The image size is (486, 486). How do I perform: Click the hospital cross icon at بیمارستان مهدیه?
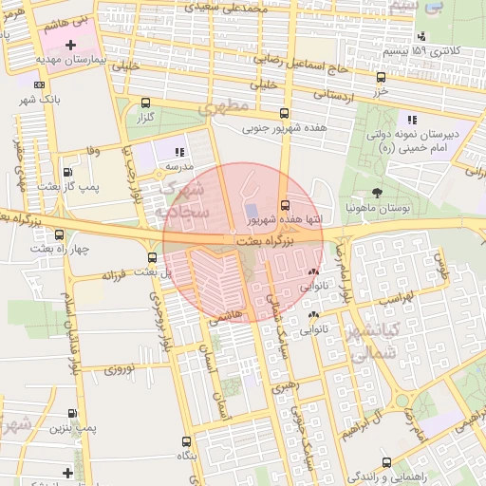[70, 45]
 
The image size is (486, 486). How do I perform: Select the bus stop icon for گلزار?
[145, 103]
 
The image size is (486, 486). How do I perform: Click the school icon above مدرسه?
[178, 152]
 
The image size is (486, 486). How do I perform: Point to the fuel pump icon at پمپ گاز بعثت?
[67, 172]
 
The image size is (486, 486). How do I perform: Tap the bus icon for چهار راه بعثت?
[60, 234]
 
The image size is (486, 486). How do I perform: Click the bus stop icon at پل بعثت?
[153, 257]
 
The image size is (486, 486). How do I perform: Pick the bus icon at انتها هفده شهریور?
[285, 205]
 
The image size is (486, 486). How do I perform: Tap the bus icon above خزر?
[381, 77]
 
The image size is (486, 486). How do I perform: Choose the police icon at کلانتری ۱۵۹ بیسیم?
[421, 37]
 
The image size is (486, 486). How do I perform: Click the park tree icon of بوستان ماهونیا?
[377, 193]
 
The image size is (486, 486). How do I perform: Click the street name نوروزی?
[121, 368]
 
